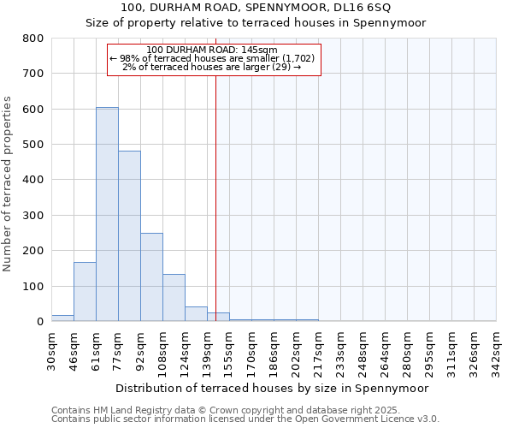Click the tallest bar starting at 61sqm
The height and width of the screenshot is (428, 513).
pyautogui.click(x=107, y=214)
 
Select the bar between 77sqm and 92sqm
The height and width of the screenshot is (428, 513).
pyautogui.click(x=129, y=236)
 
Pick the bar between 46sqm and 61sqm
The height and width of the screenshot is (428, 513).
pyautogui.click(x=85, y=292)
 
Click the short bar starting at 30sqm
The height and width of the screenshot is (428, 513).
pyautogui.click(x=62, y=318)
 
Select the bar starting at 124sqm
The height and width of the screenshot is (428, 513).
pyautogui.click(x=196, y=313)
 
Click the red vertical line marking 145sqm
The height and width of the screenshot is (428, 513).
pyautogui.click(x=215, y=197)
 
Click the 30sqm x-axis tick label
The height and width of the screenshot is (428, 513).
pyautogui.click(x=51, y=351)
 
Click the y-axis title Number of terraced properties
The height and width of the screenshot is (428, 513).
pyautogui.click(x=8, y=184)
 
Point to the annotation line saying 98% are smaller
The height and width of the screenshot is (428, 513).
pyautogui.click(x=213, y=58)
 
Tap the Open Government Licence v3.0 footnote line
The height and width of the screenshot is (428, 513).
pyautogui.click(x=245, y=419)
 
